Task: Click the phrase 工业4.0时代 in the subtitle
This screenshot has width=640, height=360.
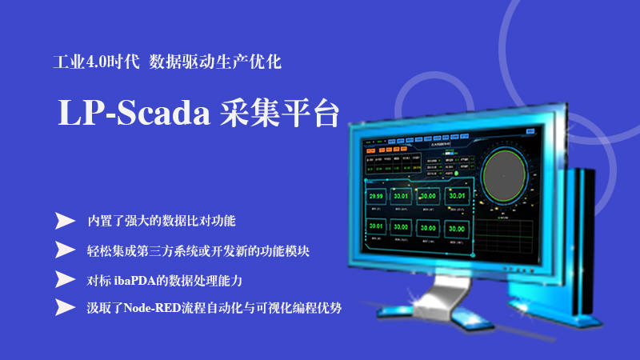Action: point(94,61)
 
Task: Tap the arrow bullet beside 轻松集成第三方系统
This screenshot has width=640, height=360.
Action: point(65,250)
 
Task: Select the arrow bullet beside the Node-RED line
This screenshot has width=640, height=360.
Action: point(65,307)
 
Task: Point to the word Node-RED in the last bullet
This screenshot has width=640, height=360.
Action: point(150,308)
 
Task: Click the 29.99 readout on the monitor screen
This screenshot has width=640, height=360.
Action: point(374,196)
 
